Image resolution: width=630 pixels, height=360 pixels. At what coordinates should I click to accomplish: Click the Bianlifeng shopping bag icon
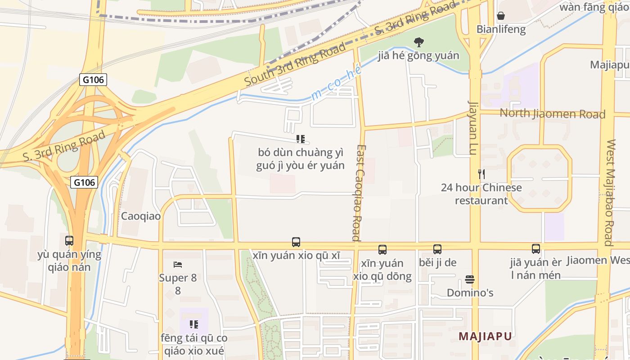[x=501, y=16]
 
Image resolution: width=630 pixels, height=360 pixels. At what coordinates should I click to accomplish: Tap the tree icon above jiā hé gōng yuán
[x=419, y=42]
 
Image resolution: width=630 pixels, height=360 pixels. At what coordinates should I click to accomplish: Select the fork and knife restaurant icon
[x=481, y=174]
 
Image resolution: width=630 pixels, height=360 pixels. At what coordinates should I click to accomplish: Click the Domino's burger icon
[x=470, y=279]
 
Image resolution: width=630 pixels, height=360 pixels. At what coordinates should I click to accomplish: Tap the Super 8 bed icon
[x=178, y=264]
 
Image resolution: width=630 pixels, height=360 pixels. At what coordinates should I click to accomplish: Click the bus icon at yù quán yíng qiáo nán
[x=69, y=241]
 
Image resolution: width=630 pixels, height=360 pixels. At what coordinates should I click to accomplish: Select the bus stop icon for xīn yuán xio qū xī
[x=296, y=242]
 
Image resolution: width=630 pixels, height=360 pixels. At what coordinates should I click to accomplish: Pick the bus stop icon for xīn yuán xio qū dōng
[x=382, y=249]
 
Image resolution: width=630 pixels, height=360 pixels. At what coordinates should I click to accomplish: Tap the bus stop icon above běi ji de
[x=437, y=249]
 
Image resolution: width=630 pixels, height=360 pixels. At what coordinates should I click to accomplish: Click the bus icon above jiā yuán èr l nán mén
[x=535, y=249]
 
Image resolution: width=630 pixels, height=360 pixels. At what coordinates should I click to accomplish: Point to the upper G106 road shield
[x=93, y=80]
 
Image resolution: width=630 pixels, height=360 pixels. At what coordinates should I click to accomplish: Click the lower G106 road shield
[x=85, y=182]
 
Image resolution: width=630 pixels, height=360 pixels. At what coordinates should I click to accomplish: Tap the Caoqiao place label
[x=140, y=216]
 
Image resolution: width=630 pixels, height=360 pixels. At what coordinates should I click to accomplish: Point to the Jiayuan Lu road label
[x=472, y=128]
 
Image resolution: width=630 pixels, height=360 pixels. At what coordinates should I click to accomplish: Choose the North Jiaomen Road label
[x=553, y=113]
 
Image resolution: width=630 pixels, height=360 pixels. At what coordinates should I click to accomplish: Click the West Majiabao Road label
[x=610, y=193]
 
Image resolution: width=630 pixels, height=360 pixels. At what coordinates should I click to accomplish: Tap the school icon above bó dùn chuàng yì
[x=301, y=139]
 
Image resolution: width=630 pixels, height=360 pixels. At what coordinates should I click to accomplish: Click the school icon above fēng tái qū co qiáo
[x=194, y=324]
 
